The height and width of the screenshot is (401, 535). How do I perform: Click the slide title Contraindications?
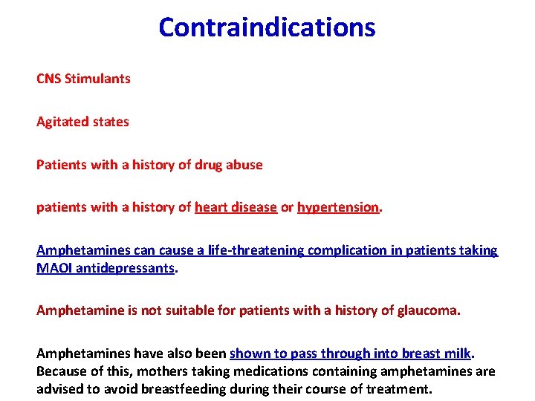click(x=267, y=27)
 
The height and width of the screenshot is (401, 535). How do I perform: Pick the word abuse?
click(x=245, y=164)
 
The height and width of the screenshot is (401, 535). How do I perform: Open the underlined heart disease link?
click(x=236, y=207)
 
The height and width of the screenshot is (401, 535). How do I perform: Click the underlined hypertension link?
click(x=338, y=207)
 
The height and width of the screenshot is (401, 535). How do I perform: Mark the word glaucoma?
click(x=429, y=310)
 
